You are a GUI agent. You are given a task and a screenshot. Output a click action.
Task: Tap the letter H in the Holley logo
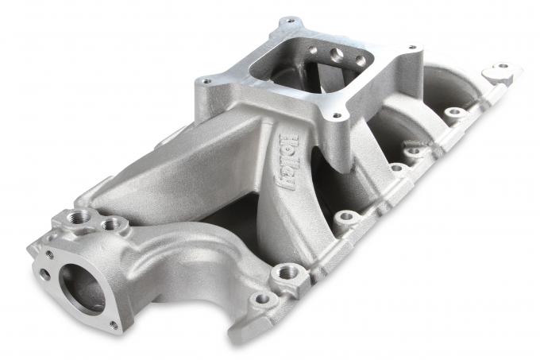pos(294,140)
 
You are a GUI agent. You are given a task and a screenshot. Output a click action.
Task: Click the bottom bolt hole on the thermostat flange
pos(113,324)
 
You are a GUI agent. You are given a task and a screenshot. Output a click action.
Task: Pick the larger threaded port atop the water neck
pos(83,217)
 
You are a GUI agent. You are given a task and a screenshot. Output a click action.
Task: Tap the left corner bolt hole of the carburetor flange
pos(206,80)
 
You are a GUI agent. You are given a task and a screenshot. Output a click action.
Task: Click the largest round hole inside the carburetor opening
pos(337,55)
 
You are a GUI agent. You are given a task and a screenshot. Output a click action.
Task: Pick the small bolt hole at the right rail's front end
pos(261,300)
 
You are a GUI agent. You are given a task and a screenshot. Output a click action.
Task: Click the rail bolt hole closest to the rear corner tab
pos(454,112)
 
